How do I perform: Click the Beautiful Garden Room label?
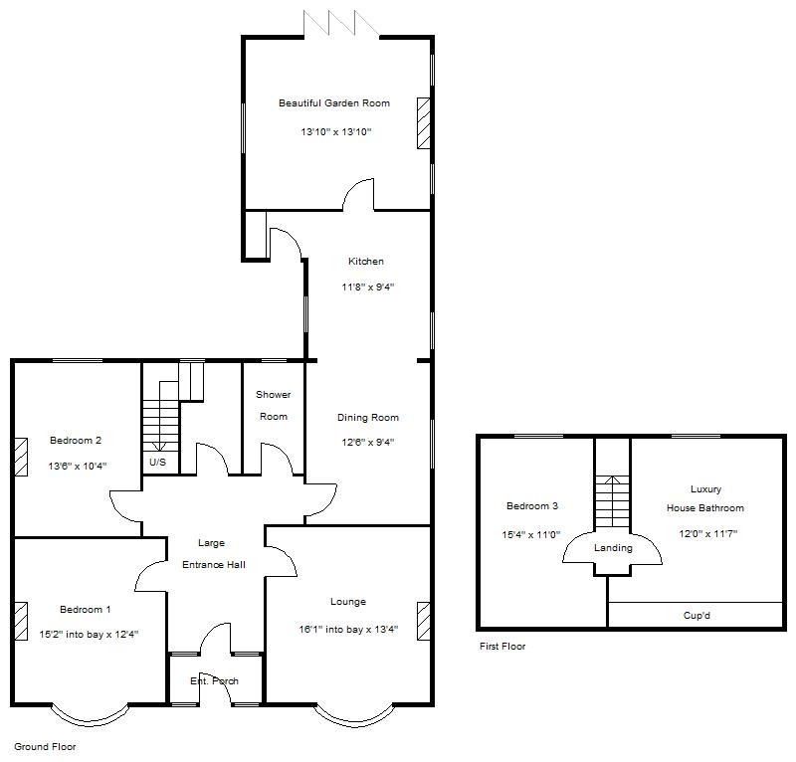pyautogui.click(x=333, y=103)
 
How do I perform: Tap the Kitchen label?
pyautogui.click(x=365, y=262)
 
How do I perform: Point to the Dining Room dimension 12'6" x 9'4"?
pyautogui.click(x=367, y=443)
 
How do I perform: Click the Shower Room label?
pyautogui.click(x=273, y=406)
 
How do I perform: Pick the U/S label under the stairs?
pyautogui.click(x=157, y=463)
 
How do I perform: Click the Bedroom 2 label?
pyautogui.click(x=76, y=441)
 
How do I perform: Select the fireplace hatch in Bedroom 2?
pyautogui.click(x=20, y=455)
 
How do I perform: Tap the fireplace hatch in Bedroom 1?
pyautogui.click(x=20, y=619)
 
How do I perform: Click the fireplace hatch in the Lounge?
pyautogui.click(x=424, y=619)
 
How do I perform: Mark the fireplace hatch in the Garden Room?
pyautogui.click(x=424, y=123)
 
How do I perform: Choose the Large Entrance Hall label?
pyautogui.click(x=211, y=554)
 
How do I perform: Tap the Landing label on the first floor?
pyautogui.click(x=613, y=548)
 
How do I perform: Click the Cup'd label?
pyautogui.click(x=696, y=616)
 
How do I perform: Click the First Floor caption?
pyautogui.click(x=502, y=647)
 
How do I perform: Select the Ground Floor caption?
pyautogui.click(x=45, y=746)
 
